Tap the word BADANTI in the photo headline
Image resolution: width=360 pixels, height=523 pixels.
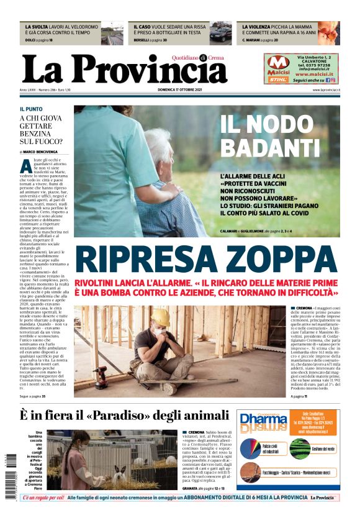(x=270, y=147)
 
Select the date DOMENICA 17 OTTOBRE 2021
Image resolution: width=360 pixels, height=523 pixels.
(x=179, y=90)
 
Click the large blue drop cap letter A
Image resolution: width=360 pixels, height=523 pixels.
(x=26, y=166)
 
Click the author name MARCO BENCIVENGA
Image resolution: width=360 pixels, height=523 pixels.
(x=45, y=152)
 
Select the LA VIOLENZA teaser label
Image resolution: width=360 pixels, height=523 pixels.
(x=259, y=27)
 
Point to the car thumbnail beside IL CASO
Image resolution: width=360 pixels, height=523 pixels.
(x=220, y=34)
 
